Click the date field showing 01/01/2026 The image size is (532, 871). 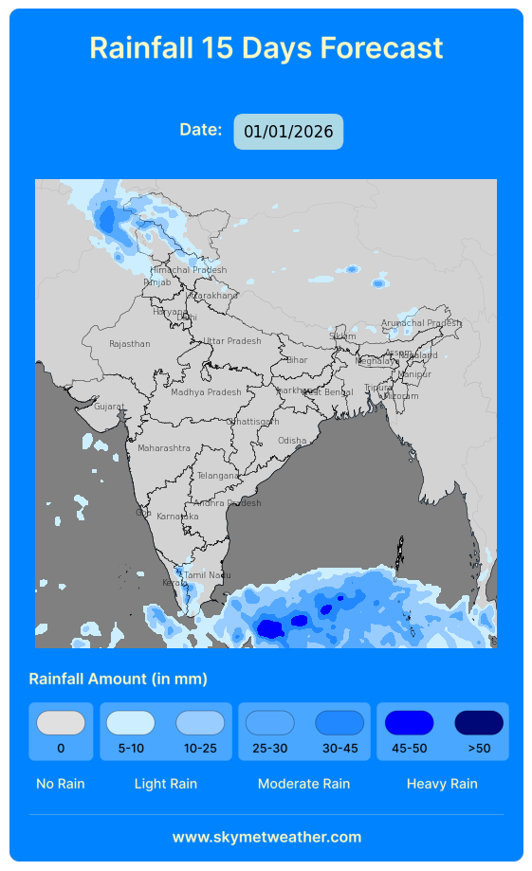tap(288, 132)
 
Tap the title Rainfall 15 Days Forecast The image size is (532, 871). tap(266, 47)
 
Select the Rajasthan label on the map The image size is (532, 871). tap(130, 344)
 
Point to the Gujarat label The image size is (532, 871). tap(109, 407)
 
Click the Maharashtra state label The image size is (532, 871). tap(164, 448)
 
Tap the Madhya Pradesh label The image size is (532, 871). tap(206, 392)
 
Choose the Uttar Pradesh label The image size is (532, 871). tap(232, 341)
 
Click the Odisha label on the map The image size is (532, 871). tap(292, 441)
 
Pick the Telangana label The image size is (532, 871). tap(218, 476)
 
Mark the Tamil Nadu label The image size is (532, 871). tap(208, 575)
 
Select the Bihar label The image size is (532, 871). tap(297, 360)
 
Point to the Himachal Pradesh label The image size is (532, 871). tap(189, 270)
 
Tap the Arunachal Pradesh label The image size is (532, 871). tap(421, 323)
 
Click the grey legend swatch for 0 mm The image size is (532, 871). tap(61, 723)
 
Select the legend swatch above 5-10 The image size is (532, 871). tap(131, 723)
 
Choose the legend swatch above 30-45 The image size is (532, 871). tap(339, 723)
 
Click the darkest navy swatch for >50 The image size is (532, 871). tap(479, 723)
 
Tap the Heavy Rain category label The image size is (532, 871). tap(442, 784)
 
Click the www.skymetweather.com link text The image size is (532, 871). tap(266, 837)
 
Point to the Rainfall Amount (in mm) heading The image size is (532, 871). tap(119, 679)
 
